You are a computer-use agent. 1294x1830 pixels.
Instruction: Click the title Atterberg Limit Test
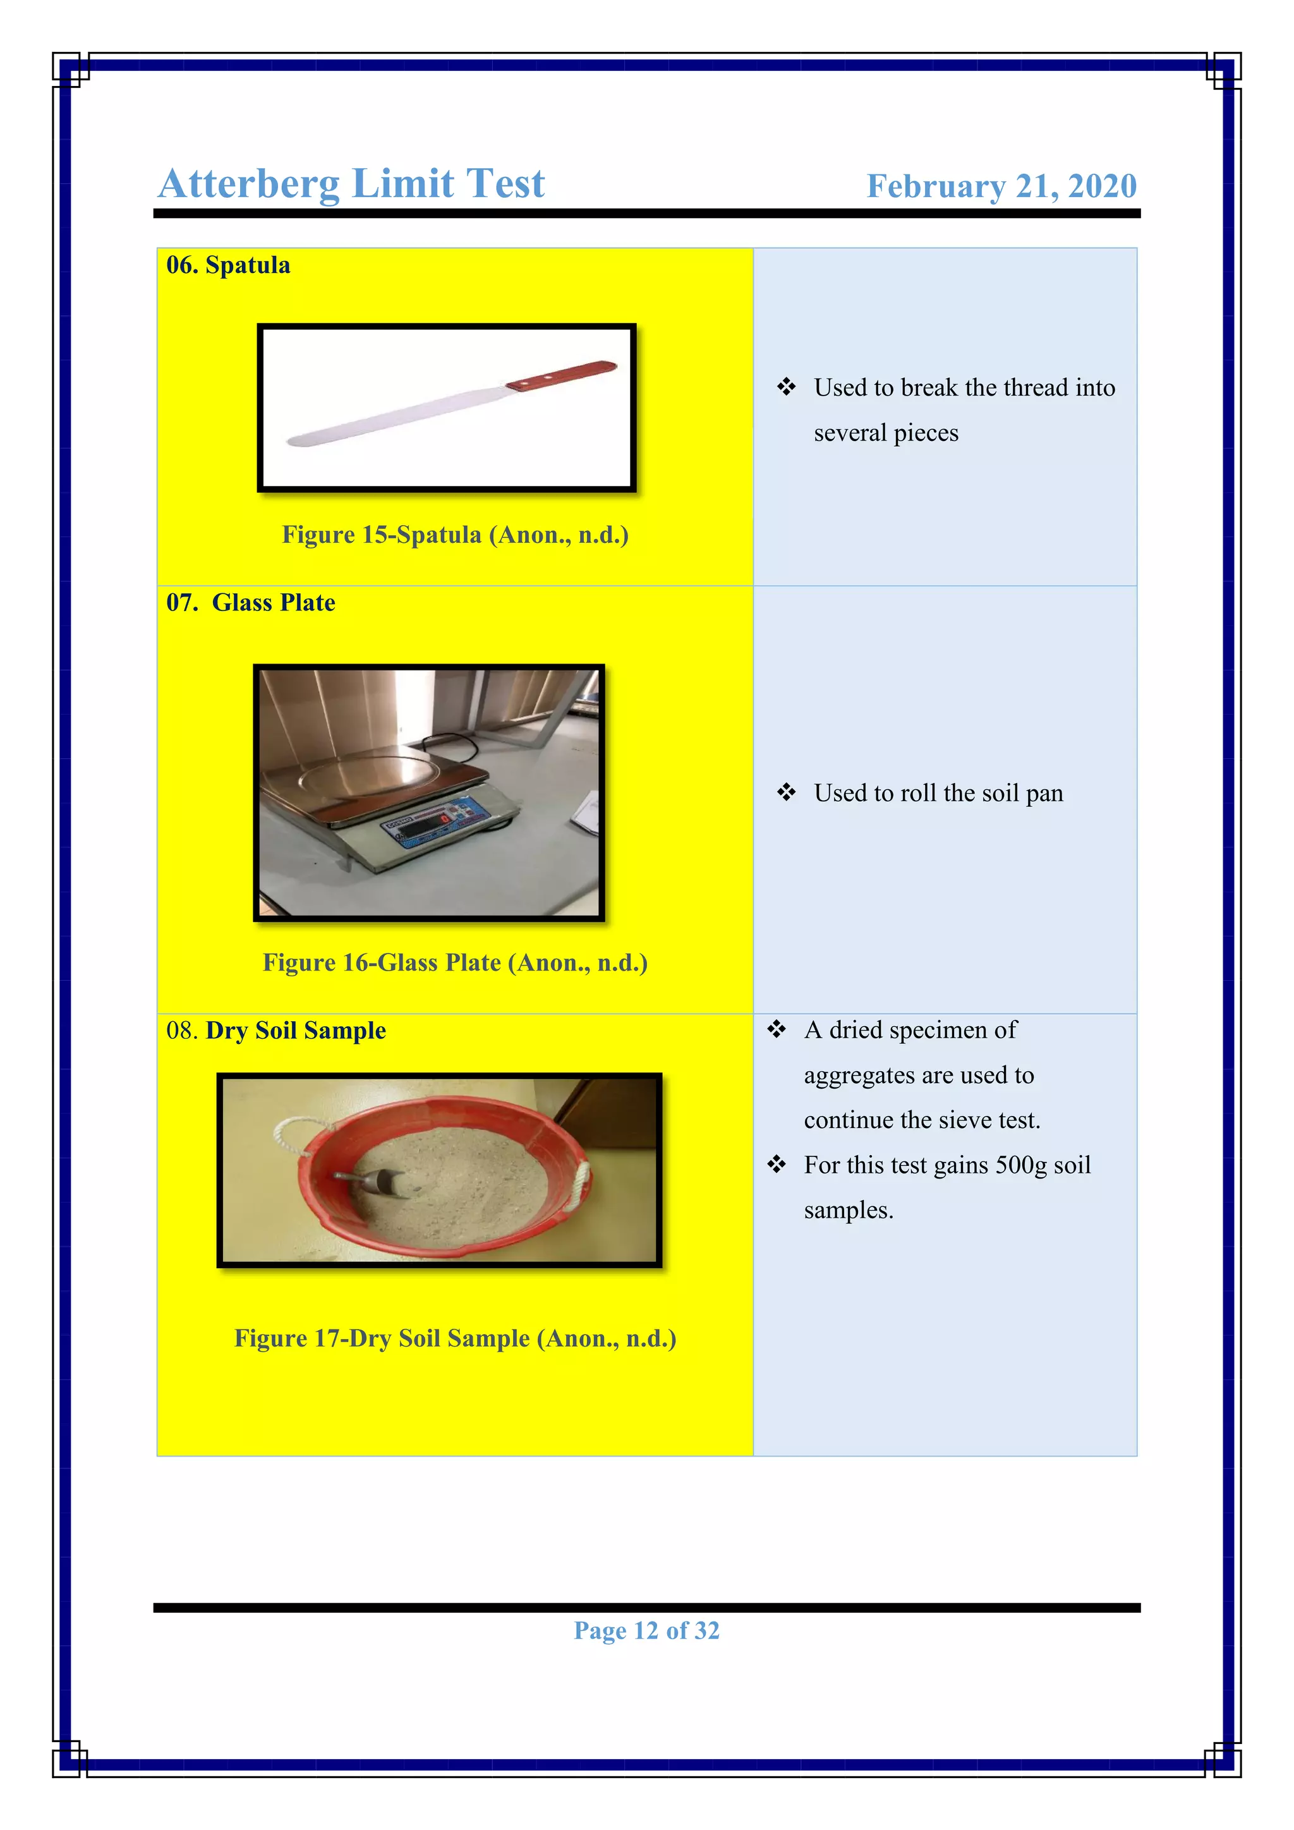[x=351, y=184]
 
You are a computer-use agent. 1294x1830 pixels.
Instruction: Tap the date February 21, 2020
[x=1001, y=186]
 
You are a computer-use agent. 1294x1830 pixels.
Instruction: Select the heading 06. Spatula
[x=228, y=265]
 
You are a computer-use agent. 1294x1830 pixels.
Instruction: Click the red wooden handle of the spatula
[x=562, y=375]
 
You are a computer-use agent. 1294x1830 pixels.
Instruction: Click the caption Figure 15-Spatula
[x=455, y=535]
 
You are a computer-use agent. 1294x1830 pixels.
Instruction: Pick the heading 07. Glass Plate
[x=250, y=603]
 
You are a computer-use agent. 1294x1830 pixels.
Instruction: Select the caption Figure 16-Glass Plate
[x=455, y=963]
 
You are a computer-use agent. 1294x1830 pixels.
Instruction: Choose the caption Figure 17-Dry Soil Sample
[x=455, y=1338]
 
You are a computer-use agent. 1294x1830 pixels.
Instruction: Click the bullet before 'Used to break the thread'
[x=787, y=387]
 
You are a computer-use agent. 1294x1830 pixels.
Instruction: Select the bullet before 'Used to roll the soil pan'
[x=787, y=792]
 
